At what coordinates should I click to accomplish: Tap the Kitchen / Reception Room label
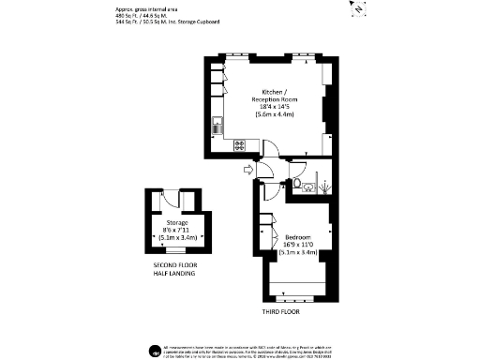(268, 97)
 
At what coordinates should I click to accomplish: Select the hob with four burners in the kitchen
(239, 144)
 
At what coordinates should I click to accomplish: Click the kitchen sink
(217, 122)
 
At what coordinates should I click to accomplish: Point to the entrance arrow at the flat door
(247, 169)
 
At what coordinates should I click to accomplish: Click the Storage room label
(177, 222)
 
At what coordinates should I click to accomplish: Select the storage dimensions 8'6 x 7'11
(177, 230)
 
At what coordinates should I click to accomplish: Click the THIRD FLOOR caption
(282, 310)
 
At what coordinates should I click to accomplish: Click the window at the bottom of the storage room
(176, 251)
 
